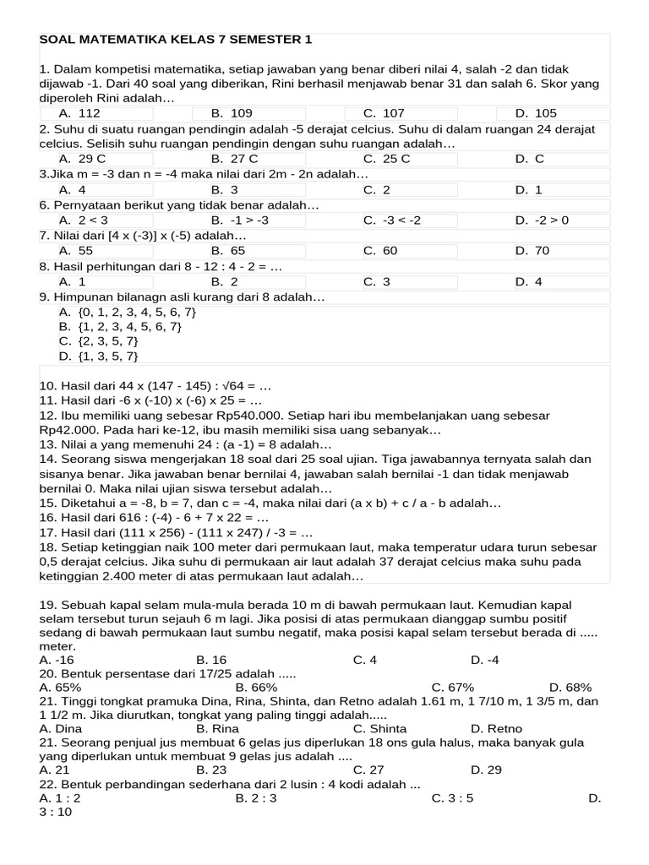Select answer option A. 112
(79, 113)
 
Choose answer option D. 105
(536, 113)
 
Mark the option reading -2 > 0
(543, 220)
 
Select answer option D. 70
(532, 251)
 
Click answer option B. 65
(228, 251)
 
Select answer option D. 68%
(570, 688)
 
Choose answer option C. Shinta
(379, 728)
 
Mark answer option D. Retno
(496, 728)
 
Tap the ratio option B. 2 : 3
(256, 797)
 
